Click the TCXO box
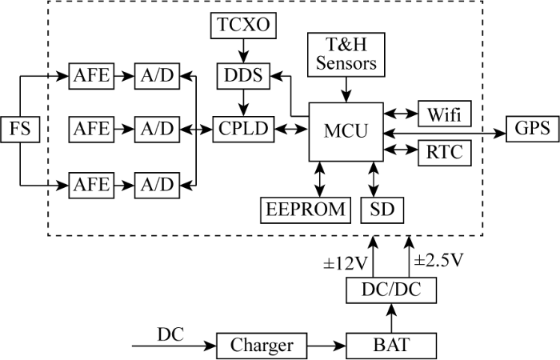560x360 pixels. coord(243,26)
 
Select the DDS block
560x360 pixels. coord(243,76)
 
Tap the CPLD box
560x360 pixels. coord(243,130)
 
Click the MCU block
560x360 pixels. coord(346,132)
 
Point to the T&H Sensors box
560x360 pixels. coord(346,54)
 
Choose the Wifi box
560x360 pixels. coord(445,114)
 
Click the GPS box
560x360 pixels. coord(533,129)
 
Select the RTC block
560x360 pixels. coord(445,153)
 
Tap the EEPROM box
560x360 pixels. coord(306,210)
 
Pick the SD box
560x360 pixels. coord(382,210)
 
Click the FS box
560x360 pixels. coord(20,130)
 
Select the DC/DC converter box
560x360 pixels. coord(391,290)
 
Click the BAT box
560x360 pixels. coord(391,346)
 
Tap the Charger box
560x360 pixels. coord(262,346)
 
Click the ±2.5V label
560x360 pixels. coord(438,261)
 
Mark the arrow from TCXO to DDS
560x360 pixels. coord(243,50)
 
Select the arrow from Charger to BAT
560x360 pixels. coord(326,346)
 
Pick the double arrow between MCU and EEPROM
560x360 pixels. coord(320,179)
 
